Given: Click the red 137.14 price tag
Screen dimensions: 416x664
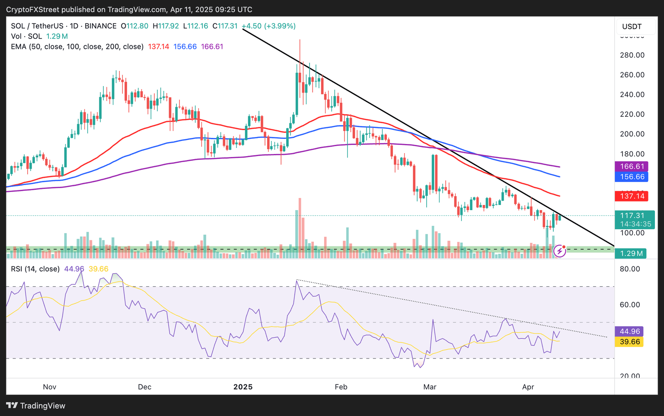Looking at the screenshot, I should [632, 196].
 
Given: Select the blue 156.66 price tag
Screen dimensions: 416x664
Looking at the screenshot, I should [632, 177].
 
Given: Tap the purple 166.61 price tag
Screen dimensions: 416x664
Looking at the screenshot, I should [632, 166].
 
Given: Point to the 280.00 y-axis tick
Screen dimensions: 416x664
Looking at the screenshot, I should [632, 55].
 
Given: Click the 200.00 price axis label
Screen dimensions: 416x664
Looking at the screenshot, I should [632, 134].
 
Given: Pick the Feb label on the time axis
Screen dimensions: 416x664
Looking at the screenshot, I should [341, 387].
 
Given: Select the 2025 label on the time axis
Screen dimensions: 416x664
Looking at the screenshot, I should [243, 387].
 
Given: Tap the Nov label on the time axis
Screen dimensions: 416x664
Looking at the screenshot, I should [50, 387].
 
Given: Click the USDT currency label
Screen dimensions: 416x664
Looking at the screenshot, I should [632, 27].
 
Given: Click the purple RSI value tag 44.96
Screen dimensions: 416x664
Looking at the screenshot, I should [630, 332].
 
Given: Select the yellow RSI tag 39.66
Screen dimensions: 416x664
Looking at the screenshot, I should [630, 342].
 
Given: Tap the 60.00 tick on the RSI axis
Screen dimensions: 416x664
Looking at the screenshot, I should [629, 305].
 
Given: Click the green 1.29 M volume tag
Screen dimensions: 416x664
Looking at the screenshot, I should [631, 253].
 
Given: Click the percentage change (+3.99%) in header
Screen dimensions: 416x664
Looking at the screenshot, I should [280, 26].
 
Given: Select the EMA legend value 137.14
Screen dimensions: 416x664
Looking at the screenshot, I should [159, 47].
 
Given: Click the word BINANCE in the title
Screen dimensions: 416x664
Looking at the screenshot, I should [101, 26].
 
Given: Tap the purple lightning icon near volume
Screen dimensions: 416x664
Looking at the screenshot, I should [560, 251].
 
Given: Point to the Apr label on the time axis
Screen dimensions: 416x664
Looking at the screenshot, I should [528, 387].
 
